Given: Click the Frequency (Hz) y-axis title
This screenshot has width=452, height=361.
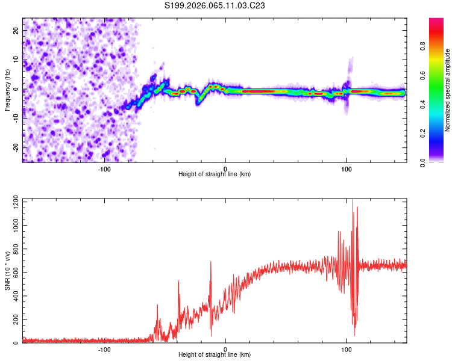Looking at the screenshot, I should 7,90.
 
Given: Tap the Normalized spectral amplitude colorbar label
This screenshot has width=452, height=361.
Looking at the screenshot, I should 448,90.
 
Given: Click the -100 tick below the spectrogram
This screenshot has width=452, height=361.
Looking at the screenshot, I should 104,168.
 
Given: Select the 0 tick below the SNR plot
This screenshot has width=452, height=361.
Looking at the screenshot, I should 225,349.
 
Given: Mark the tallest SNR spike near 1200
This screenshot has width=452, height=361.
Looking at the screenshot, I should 353,202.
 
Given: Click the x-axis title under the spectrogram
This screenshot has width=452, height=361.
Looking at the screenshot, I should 215,174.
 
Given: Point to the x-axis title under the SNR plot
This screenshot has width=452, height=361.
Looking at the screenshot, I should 215,355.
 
